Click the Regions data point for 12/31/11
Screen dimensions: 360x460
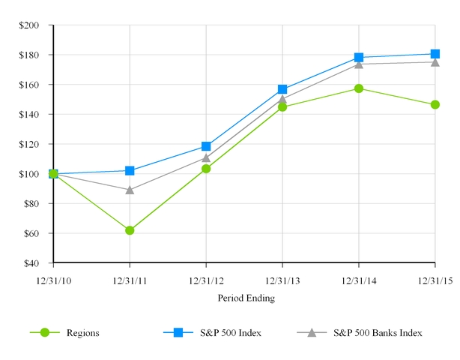(x=130, y=230)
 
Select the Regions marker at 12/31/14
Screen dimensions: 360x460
(x=359, y=88)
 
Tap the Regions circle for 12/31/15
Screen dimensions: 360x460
(x=435, y=104)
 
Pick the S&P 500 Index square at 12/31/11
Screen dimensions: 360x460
(x=130, y=171)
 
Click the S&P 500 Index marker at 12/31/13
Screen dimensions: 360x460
(x=282, y=89)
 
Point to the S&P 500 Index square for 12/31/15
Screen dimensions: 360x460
(x=435, y=54)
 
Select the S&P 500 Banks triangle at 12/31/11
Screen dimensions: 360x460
(x=130, y=190)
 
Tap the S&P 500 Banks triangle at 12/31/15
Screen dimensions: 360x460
(x=435, y=62)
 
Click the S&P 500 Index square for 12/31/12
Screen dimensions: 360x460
(x=206, y=146)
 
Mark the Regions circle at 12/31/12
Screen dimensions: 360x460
(x=206, y=169)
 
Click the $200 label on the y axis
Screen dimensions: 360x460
(x=30, y=25)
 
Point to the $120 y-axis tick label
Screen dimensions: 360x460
(x=30, y=144)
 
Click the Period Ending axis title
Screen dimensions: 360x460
(x=246, y=298)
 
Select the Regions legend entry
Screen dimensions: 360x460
(x=82, y=332)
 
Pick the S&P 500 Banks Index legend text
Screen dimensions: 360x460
(x=378, y=332)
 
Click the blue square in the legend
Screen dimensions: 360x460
(x=178, y=332)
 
